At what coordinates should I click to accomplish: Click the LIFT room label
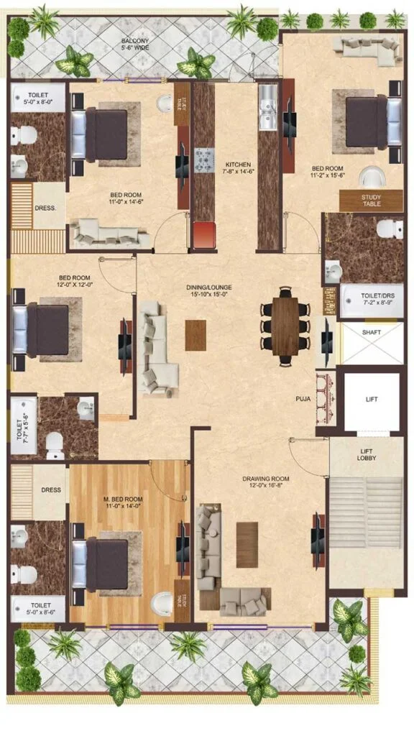[371, 400]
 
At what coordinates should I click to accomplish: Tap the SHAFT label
[372, 332]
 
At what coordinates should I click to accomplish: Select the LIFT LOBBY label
[371, 454]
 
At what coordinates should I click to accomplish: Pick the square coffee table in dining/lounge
[195, 335]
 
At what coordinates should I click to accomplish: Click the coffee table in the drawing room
[247, 544]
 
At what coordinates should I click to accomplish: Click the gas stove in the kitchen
[203, 156]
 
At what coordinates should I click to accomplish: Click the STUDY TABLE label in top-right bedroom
[372, 201]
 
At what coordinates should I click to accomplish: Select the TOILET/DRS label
[371, 299]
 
